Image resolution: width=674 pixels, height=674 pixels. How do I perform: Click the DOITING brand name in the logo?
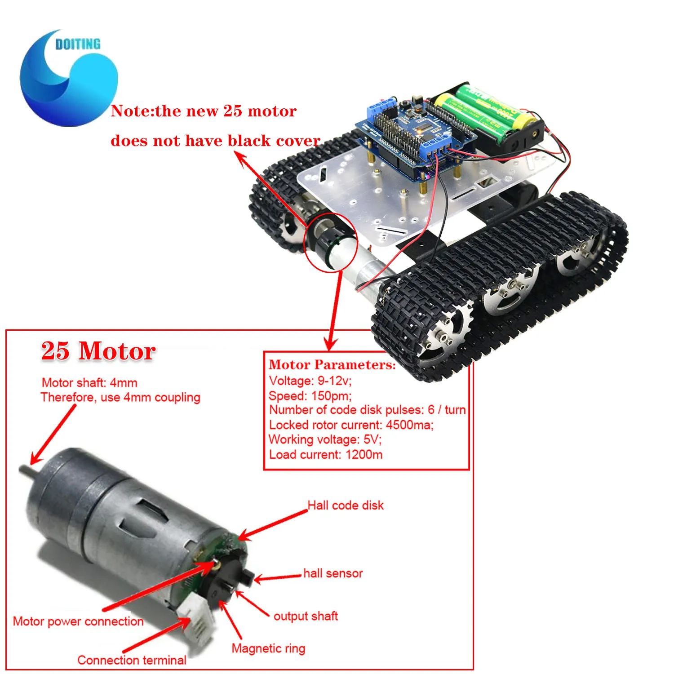[x=78, y=44]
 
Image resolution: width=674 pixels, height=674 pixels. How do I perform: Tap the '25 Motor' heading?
[x=98, y=351]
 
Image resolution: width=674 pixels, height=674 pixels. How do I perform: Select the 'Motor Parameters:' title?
[x=332, y=364]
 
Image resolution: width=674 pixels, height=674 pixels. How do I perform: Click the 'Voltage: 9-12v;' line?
[x=310, y=381]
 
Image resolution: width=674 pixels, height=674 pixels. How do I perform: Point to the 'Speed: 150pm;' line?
[x=310, y=395]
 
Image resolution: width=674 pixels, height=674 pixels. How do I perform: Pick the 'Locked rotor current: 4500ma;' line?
[x=351, y=425]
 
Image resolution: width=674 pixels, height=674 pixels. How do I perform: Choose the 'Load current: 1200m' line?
[x=326, y=454]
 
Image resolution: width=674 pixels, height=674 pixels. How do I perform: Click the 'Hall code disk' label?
[x=346, y=505]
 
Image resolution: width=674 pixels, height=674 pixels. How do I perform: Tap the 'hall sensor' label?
[x=333, y=573]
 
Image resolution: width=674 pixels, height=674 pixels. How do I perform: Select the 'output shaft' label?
[x=306, y=616]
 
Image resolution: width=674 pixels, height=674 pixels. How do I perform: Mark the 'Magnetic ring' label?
[x=268, y=648]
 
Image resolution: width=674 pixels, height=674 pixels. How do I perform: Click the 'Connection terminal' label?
[x=132, y=660]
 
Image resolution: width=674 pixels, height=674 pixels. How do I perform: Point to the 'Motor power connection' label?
[x=78, y=621]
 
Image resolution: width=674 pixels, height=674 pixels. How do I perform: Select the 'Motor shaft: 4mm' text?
[x=89, y=383]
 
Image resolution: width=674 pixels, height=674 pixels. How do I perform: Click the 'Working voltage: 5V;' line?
[x=325, y=439]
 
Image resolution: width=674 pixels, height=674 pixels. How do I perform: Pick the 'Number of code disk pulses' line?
[x=367, y=410]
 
